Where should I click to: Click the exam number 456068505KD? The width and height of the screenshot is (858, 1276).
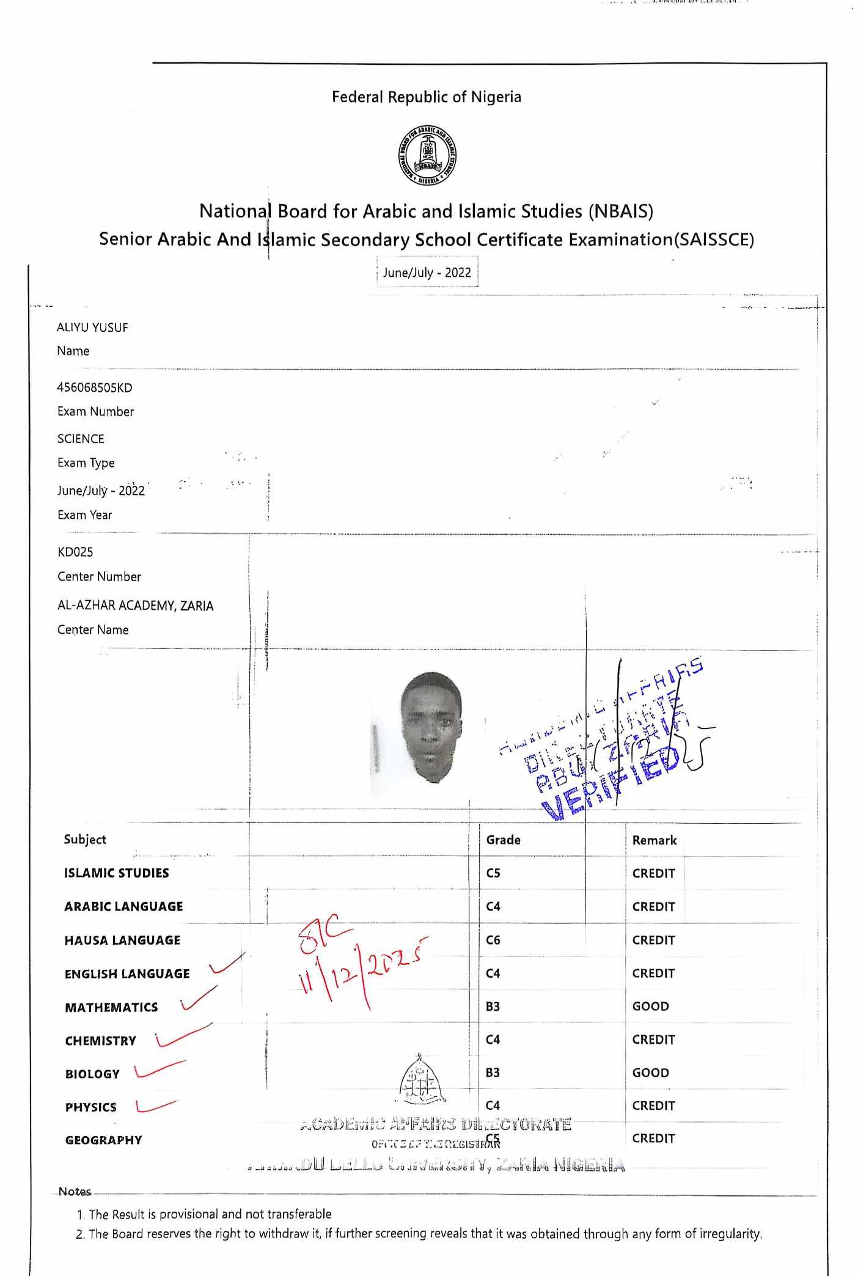[x=95, y=387]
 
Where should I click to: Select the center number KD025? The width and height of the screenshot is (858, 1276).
[x=75, y=552]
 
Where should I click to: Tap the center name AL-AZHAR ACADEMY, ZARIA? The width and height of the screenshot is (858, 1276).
[x=135, y=606]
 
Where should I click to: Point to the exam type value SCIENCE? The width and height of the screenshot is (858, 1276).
[x=81, y=439]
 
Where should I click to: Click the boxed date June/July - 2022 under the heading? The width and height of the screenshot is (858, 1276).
[x=427, y=273]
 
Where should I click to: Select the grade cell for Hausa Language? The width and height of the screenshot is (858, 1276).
[x=493, y=940]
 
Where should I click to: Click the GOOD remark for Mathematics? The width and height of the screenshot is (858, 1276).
[x=651, y=1007]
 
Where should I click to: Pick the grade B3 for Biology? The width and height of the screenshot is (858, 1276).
[x=493, y=1072]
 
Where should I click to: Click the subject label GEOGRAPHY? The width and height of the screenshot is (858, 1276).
[x=103, y=1140]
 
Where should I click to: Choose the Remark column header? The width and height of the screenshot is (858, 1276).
[x=654, y=840]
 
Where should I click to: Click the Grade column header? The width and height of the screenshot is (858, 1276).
[x=504, y=840]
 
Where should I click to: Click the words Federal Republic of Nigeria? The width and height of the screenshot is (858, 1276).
[x=427, y=97]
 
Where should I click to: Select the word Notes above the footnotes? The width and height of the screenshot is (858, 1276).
[x=75, y=1192]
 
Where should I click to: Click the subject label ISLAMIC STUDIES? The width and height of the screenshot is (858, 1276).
[x=117, y=873]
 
